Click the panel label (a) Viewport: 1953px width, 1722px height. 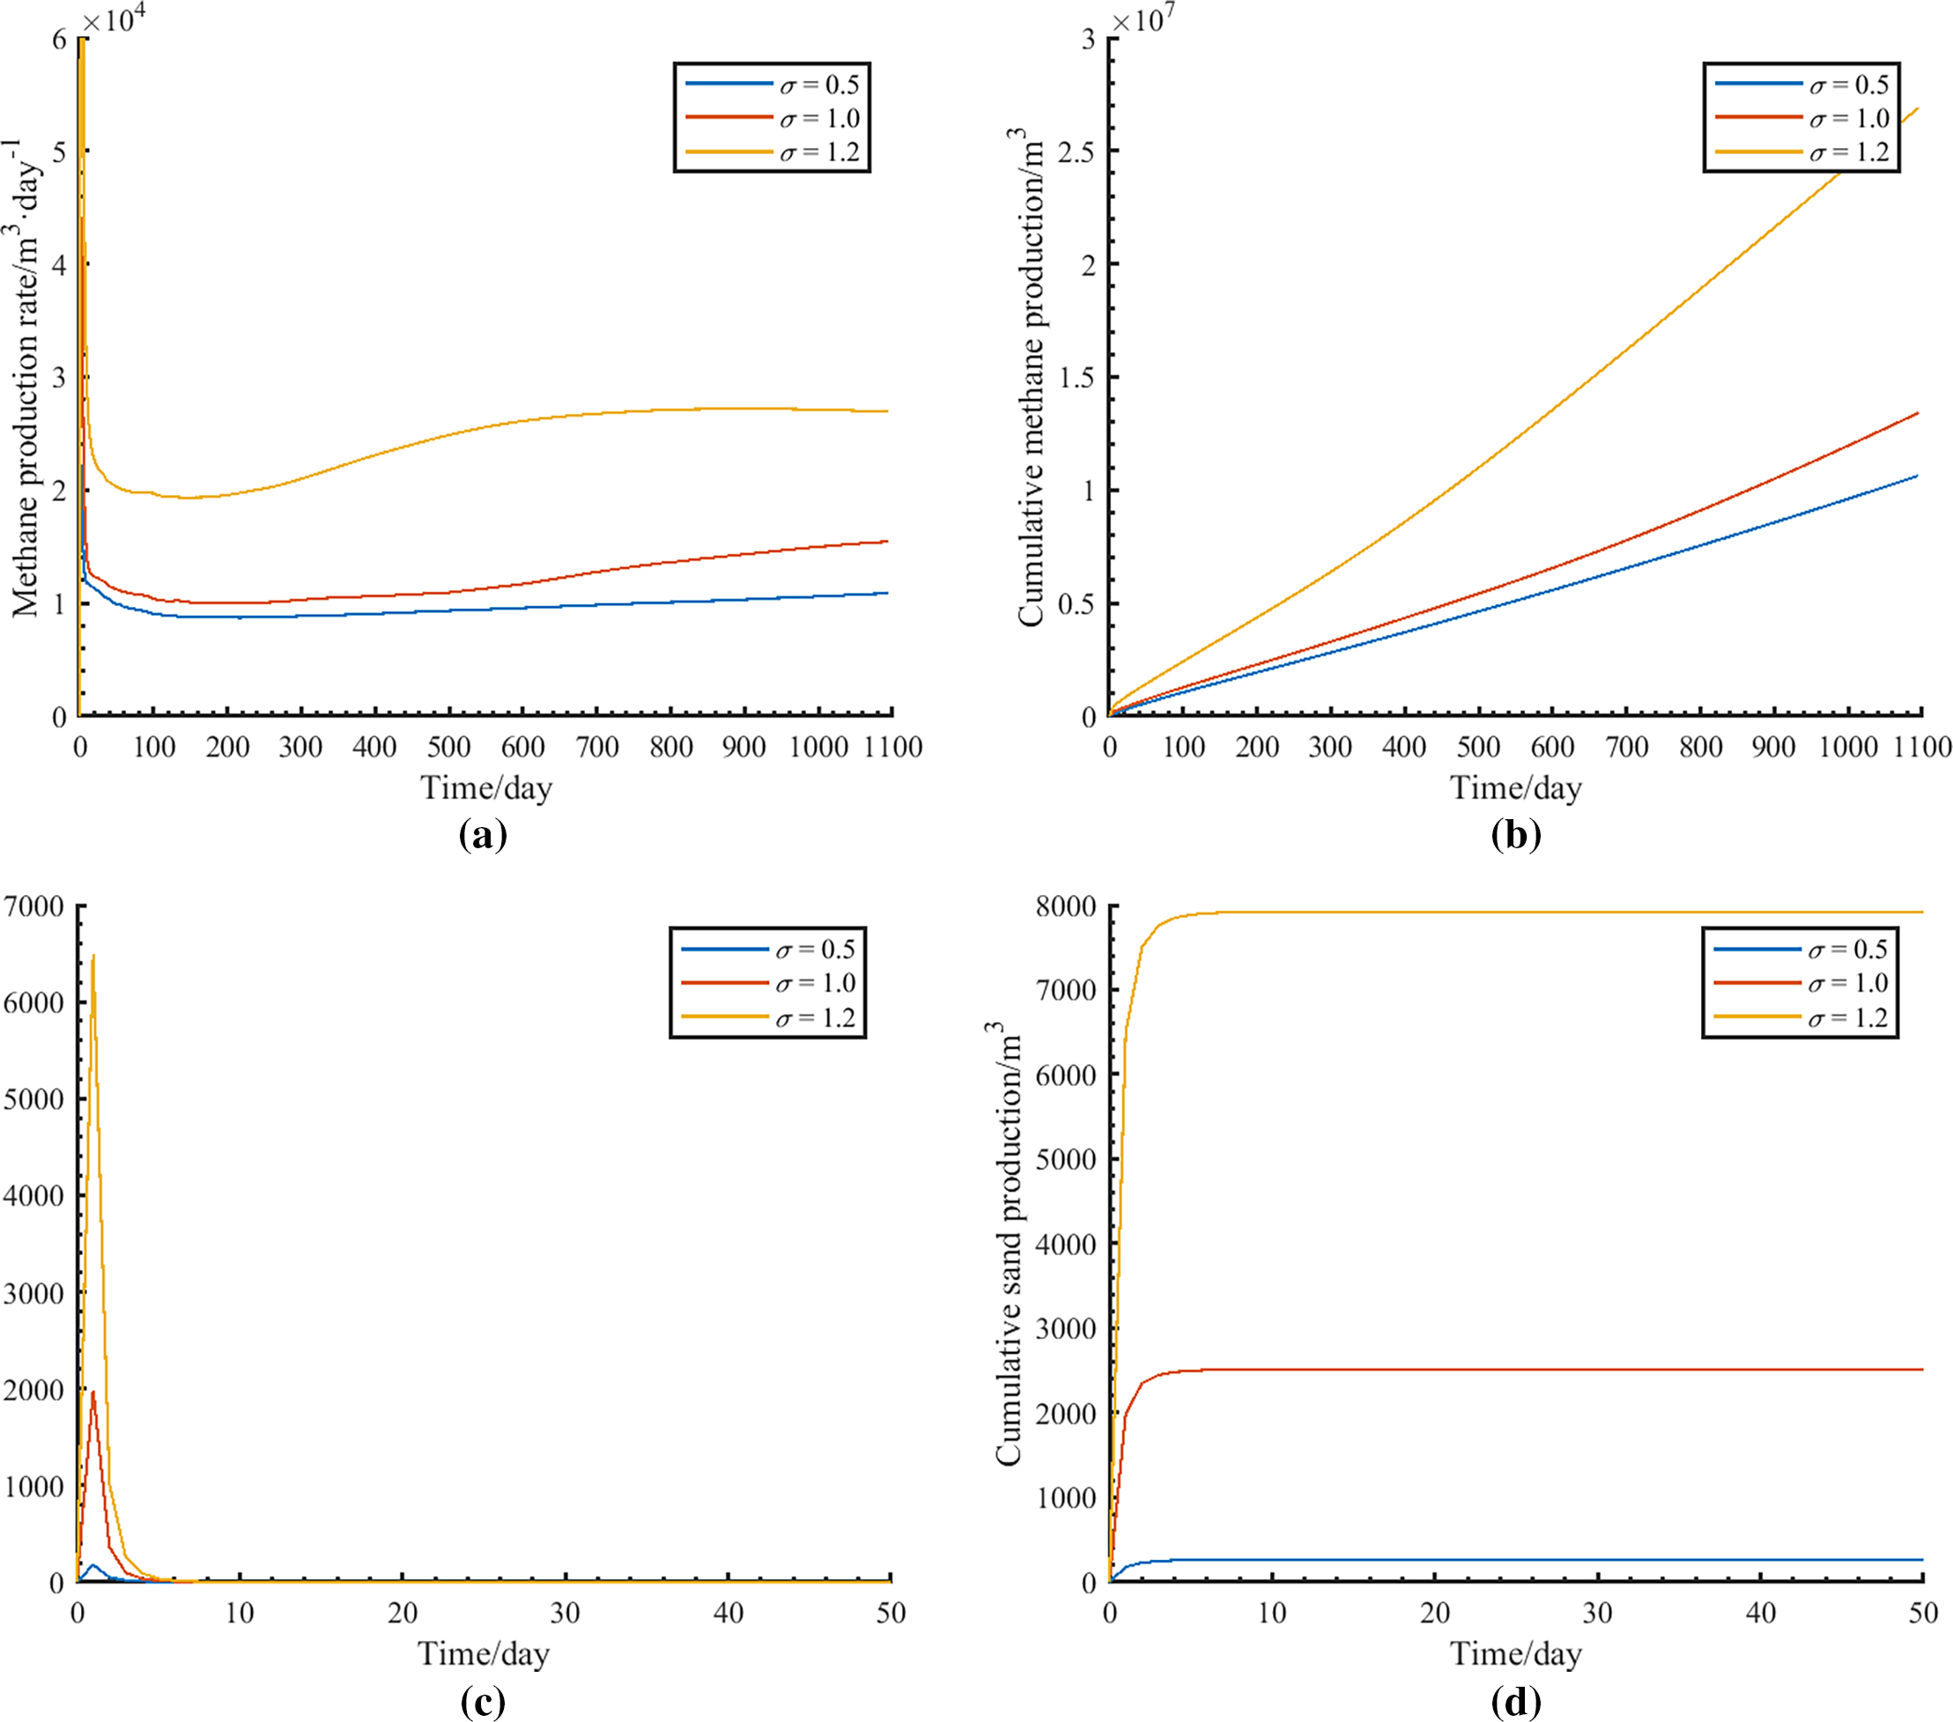pos(483,836)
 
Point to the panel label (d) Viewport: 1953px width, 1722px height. pos(1515,1701)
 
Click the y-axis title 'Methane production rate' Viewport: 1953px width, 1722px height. pos(26,378)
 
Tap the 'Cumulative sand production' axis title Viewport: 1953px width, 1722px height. pos(1008,1243)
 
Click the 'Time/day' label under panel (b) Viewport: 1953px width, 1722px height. pos(1515,788)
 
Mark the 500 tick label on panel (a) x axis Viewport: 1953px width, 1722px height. pos(448,747)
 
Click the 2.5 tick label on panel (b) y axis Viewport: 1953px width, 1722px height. pos(1076,151)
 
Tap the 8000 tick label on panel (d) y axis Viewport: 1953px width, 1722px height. pos(1065,905)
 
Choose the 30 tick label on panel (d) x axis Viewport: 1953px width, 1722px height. pos(1598,1614)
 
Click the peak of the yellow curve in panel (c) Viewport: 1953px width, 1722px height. pos(92,955)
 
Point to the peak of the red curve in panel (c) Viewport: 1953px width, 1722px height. pos(92,1393)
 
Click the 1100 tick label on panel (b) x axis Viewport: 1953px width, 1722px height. pos(1921,747)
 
